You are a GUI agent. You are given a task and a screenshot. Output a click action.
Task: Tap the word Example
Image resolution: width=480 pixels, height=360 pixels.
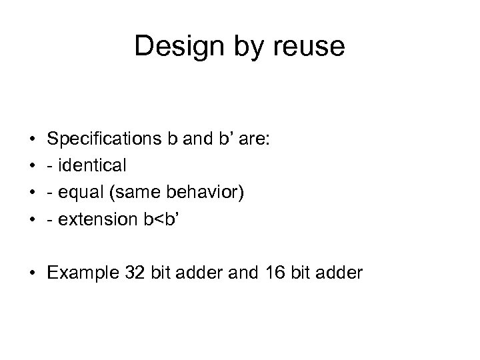tap(84, 273)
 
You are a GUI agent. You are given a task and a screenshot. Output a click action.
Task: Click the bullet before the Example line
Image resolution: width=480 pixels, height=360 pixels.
tap(33, 273)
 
